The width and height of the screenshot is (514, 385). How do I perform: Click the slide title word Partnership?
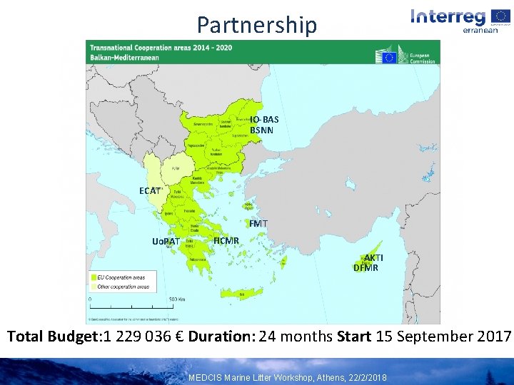(x=256, y=25)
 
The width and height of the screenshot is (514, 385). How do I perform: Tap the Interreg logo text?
(x=448, y=16)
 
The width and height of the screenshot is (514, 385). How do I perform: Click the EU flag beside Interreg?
(x=500, y=16)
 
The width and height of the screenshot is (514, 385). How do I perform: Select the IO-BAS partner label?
(x=264, y=119)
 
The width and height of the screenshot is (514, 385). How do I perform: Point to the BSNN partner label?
(x=261, y=130)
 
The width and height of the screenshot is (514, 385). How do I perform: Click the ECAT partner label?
(x=150, y=190)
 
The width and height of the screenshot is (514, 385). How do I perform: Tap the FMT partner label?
(x=258, y=224)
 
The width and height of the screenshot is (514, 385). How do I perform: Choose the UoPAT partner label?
(x=166, y=241)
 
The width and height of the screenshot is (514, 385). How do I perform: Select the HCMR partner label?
(x=226, y=240)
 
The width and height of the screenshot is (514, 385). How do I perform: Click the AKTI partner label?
(x=373, y=257)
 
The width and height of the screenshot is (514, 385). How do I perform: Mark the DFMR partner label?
(x=366, y=268)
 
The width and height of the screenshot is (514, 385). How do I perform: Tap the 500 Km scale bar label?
(x=177, y=299)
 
